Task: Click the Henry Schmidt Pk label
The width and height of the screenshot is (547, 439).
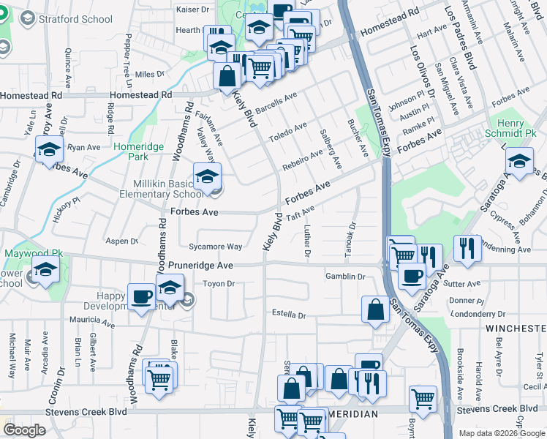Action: (510, 129)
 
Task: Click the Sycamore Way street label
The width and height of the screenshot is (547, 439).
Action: (216, 247)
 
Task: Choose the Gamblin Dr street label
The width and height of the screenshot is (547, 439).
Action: (345, 277)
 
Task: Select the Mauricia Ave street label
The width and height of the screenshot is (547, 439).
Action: (92, 321)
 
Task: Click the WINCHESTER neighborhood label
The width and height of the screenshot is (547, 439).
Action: (516, 329)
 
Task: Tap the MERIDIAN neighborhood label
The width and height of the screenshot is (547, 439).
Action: (353, 414)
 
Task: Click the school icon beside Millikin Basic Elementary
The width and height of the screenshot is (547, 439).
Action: (207, 176)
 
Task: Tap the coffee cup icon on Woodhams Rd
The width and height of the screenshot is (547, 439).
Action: (142, 296)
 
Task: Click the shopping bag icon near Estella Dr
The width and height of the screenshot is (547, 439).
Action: (375, 308)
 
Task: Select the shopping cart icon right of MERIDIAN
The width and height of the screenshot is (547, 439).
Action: (423, 399)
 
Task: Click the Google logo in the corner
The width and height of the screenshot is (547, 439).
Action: (24, 429)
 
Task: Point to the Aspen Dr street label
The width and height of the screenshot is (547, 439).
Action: (122, 241)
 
